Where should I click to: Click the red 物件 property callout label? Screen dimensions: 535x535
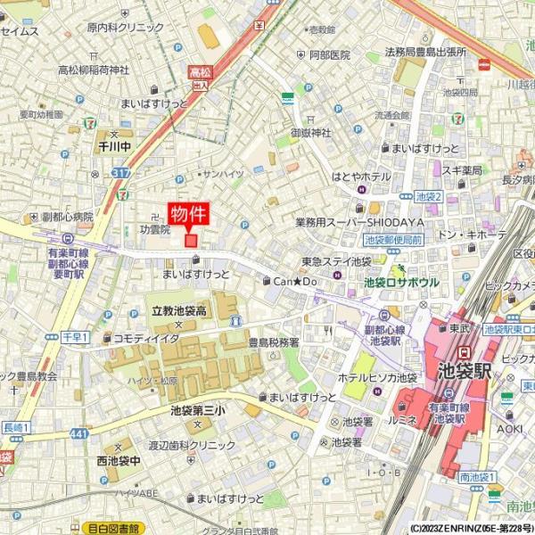tap(188, 213)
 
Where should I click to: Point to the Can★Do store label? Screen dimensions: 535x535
tap(295, 281)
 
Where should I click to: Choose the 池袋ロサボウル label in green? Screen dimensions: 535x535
tap(401, 282)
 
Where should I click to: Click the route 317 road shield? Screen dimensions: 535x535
tap(121, 172)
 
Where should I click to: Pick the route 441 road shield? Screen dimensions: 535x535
tap(78, 433)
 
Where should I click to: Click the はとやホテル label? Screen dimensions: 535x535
tap(360, 177)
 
